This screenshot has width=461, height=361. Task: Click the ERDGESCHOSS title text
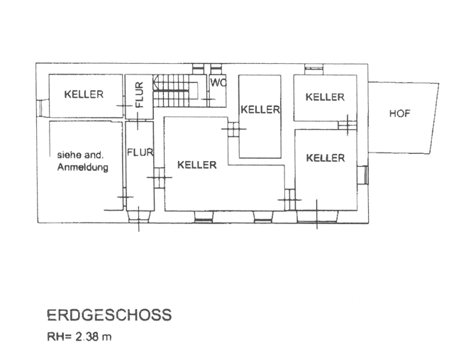pyautogui.click(x=109, y=315)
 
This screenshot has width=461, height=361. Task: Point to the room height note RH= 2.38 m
pyautogui.click(x=79, y=337)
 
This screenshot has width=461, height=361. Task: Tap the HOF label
pyautogui.click(x=399, y=113)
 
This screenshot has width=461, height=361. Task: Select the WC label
pyautogui.click(x=218, y=83)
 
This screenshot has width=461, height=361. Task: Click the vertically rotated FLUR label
pyautogui.click(x=139, y=94)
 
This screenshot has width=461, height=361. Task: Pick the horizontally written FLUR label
pyautogui.click(x=140, y=152)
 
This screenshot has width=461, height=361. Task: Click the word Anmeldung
pyautogui.click(x=82, y=167)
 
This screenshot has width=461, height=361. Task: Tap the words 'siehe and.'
pyautogui.click(x=80, y=155)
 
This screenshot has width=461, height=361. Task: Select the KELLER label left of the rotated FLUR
pyautogui.click(x=84, y=94)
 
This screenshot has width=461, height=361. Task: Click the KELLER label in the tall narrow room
pyautogui.click(x=260, y=110)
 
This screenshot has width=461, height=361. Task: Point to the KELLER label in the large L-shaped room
pyautogui.click(x=197, y=165)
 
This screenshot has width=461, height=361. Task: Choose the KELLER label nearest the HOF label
pyautogui.click(x=325, y=97)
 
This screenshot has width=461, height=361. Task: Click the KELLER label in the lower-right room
pyautogui.click(x=326, y=158)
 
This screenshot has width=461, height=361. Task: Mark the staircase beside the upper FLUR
pyautogui.click(x=176, y=91)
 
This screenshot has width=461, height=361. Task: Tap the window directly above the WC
pyautogui.click(x=216, y=69)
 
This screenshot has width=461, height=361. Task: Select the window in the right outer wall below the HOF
pyautogui.click(x=363, y=175)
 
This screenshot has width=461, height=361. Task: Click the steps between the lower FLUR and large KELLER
pyautogui.click(x=160, y=177)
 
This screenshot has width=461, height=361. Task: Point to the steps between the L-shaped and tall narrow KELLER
pyautogui.click(x=233, y=129)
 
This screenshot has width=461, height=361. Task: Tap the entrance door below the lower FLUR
pyautogui.click(x=139, y=216)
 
